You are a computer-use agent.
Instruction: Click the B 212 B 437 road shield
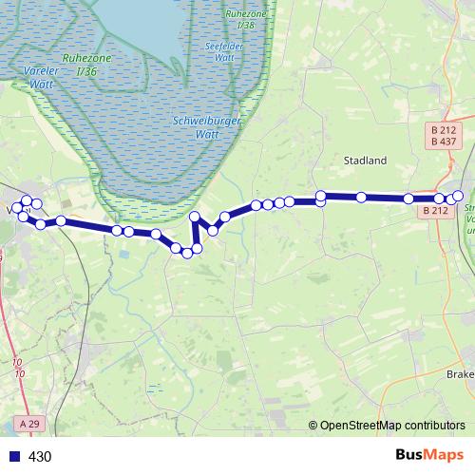pyautogui.click(x=442, y=135)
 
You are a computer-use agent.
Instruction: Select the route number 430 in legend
pyautogui.click(x=40, y=456)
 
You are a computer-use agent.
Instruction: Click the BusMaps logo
pyautogui.click(x=428, y=455)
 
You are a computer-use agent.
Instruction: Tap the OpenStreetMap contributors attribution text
pyautogui.click(x=392, y=427)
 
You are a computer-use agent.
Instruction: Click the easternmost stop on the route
pyautogui.click(x=458, y=196)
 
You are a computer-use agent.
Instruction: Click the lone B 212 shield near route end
pyautogui.click(x=435, y=211)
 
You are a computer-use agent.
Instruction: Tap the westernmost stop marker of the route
pyautogui.click(x=15, y=208)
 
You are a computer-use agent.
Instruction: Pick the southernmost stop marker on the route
pyautogui.click(x=187, y=253)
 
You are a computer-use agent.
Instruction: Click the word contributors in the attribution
pyautogui.click(x=430, y=427)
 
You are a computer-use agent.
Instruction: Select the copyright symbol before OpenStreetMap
pyautogui.click(x=314, y=427)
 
